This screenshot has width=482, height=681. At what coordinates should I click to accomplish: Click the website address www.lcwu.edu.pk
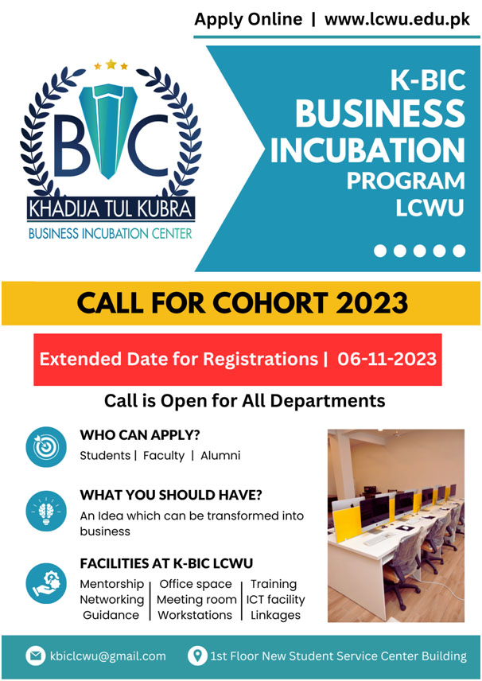pos(397,20)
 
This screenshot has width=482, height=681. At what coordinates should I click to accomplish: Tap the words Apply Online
pos(248,20)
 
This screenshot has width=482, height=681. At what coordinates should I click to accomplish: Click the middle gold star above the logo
pos(111,64)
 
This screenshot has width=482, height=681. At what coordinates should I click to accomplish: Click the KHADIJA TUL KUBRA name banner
pos(111,209)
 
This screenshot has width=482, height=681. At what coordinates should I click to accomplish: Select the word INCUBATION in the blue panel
pos(367,150)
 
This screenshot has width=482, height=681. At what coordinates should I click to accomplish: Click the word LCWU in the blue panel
pos(430,208)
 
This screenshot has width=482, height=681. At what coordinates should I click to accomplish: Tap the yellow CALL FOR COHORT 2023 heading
pos(243,303)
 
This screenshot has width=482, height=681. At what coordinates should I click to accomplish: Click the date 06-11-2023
pos(387,359)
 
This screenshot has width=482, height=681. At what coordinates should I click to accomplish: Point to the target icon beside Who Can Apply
pos(46,447)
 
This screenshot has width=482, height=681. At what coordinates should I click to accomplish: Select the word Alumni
pos(220,456)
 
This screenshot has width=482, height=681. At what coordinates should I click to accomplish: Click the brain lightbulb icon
pos(46,511)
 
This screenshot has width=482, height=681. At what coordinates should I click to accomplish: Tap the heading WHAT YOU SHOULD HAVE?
pos(171,495)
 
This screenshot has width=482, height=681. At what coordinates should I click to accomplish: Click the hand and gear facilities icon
pos(46,583)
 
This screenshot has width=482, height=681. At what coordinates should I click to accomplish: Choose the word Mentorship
pos(111,585)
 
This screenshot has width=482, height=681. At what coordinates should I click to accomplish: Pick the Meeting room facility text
pos(196,600)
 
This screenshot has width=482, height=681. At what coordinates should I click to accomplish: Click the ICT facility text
pos(276,600)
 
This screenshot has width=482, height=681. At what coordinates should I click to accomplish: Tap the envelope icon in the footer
pos(36,656)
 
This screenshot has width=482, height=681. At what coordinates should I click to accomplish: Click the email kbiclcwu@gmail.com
pos(107,656)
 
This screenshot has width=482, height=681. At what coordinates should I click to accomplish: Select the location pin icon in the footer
pos(197,656)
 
